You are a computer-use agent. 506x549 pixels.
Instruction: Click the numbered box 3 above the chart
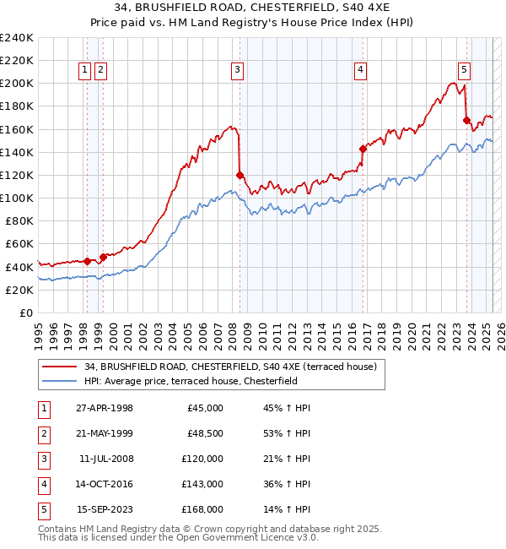(238, 70)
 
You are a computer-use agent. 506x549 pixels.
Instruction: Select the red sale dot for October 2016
(363, 149)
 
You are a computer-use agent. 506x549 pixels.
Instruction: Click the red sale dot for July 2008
(240, 175)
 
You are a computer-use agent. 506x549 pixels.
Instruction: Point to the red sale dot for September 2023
(466, 120)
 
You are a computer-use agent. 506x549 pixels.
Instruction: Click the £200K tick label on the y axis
(17, 84)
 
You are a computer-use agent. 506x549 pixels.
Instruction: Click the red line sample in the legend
(60, 367)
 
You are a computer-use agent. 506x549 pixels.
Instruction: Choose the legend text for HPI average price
(202, 381)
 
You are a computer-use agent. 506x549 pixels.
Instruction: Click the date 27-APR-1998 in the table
(104, 408)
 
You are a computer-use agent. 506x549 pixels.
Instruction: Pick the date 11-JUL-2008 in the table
(105, 459)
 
